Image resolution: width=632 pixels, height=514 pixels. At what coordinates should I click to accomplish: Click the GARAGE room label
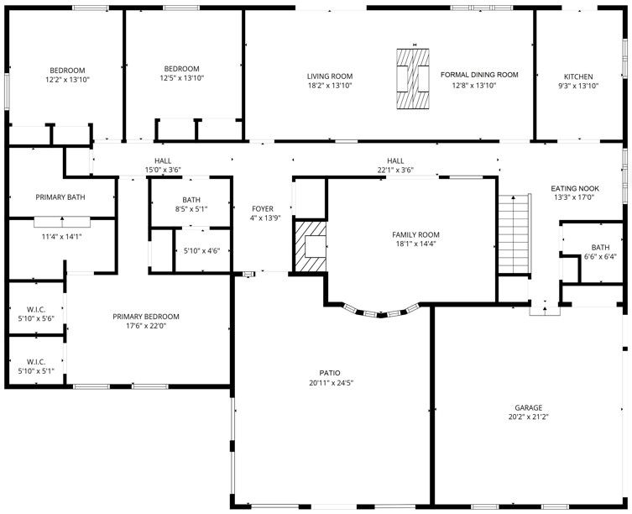pos(529,407)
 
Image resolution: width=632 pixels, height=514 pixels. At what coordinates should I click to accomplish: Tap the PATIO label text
pos(329,373)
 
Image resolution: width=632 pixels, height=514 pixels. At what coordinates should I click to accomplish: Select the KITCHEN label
pos(577,76)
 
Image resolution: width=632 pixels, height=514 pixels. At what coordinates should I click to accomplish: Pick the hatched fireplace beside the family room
pos(309,246)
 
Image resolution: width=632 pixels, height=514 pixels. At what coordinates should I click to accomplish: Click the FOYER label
pos(263,208)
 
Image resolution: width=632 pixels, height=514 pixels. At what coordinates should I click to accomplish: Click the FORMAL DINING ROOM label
pos(479,75)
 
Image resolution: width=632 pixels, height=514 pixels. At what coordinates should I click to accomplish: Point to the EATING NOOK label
pos(573,188)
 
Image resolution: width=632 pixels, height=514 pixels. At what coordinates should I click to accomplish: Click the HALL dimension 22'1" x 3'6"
pos(395,170)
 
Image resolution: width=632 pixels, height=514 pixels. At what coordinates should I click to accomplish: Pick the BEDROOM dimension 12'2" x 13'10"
pos(67,79)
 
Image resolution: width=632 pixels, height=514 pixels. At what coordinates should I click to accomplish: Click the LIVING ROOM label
pos(330,76)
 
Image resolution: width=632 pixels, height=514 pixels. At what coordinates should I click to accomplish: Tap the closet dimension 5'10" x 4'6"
pos(201,250)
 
